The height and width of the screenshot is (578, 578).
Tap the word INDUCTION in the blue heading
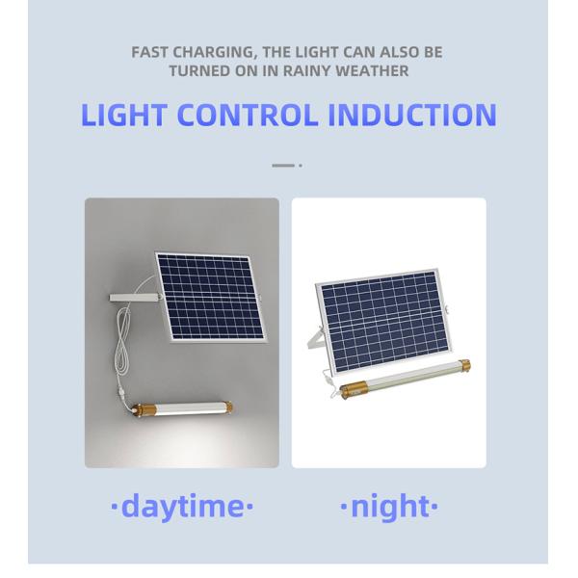[412, 115]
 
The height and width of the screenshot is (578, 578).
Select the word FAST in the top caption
[151, 53]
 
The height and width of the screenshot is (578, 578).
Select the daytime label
[182, 505]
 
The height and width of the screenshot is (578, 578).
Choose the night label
[389, 505]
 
